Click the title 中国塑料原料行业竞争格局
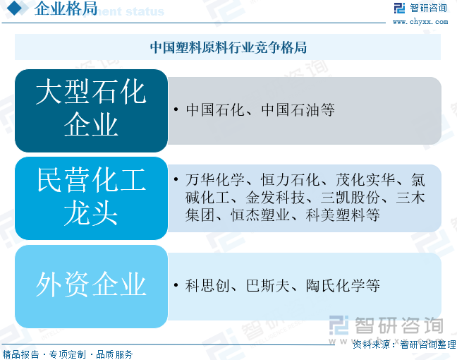228,47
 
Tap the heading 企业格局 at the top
66,8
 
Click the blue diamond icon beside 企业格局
14,8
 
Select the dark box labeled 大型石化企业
91,111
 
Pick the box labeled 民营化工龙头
91,198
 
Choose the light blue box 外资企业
91,286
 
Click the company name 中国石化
215,110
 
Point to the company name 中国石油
291,110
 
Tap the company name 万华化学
215,180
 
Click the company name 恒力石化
291,180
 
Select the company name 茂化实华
365,180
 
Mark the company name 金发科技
275,198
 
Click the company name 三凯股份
351,198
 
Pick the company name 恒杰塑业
260,215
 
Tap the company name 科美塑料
335,215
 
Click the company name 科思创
207,286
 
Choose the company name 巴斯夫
268,286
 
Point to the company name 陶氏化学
336,286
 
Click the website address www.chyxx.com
420,22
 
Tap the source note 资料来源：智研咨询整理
404,344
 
